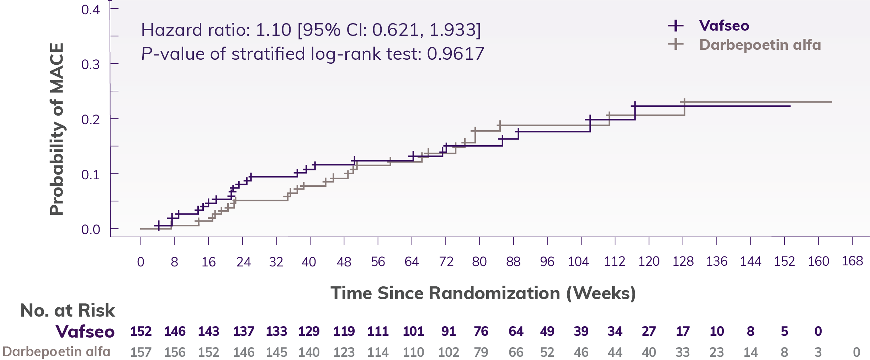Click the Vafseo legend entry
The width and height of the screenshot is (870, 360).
[x=723, y=26]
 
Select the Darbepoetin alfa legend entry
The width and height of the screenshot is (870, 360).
[x=760, y=45]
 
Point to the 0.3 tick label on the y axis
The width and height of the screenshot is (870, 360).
[x=90, y=64]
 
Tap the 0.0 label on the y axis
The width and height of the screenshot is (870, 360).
[x=90, y=229]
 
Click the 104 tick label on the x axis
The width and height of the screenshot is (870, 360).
[x=578, y=262]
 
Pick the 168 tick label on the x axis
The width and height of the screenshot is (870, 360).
[x=852, y=261]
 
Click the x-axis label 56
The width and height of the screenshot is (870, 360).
[x=378, y=262]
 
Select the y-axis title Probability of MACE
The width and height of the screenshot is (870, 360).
[x=57, y=129]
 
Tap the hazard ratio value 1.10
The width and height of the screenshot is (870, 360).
[x=274, y=30]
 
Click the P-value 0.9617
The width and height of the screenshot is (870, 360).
[x=455, y=54]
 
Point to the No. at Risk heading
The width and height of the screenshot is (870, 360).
[x=68, y=310]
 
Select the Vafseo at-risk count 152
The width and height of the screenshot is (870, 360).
[x=141, y=331]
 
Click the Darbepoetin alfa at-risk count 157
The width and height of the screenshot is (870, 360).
[x=141, y=352]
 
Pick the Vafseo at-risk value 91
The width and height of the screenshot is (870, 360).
[x=448, y=331]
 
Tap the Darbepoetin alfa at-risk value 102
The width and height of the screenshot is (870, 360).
[x=448, y=352]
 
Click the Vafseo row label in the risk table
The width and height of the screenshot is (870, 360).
[x=85, y=331]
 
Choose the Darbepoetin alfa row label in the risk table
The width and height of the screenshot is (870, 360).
[x=56, y=351]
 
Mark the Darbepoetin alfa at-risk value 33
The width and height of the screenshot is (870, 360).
[x=683, y=352]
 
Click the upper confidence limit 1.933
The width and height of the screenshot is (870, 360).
[x=455, y=30]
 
